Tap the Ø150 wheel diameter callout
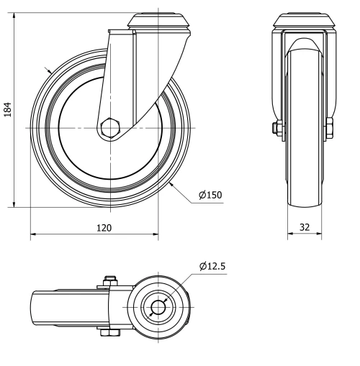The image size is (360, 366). coord(210,196)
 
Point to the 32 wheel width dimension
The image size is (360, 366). coord(305,228)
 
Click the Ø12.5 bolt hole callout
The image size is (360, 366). coord(213,267)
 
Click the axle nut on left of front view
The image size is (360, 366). coord(276,129)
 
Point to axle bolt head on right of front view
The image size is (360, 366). coord(330,129)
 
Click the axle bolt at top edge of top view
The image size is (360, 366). coord(110,280)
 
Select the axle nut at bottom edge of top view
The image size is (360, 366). coord(110,333)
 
